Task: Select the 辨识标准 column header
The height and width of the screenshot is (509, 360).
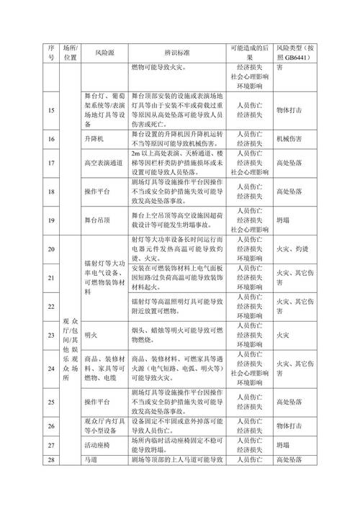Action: [176, 53]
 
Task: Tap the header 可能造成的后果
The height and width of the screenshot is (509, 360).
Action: [250, 53]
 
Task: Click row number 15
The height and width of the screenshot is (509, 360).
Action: [50, 111]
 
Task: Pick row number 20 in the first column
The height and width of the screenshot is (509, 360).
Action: [50, 249]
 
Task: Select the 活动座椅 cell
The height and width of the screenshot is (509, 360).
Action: [99, 446]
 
